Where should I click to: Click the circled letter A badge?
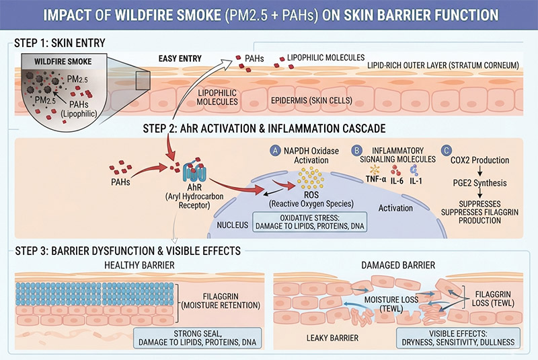[275, 150]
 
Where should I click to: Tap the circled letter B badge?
[357, 150]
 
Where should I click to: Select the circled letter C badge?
[447, 150]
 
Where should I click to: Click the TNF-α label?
[376, 180]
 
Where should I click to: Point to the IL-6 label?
[397, 180]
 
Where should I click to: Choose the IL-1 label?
[416, 180]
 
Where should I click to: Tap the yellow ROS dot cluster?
[311, 178]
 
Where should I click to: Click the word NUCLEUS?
[232, 225]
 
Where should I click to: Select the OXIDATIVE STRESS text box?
[309, 221]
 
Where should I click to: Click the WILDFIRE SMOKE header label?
[63, 62]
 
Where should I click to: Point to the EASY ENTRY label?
[180, 59]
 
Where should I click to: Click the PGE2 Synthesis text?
[479, 183]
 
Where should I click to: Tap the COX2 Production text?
[479, 160]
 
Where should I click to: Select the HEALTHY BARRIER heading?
[139, 265]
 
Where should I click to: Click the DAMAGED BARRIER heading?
[398, 265]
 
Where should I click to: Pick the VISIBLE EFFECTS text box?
[458, 338]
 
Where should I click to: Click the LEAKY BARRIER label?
[332, 338]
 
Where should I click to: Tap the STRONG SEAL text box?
[197, 338]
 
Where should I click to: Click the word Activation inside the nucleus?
[395, 208]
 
